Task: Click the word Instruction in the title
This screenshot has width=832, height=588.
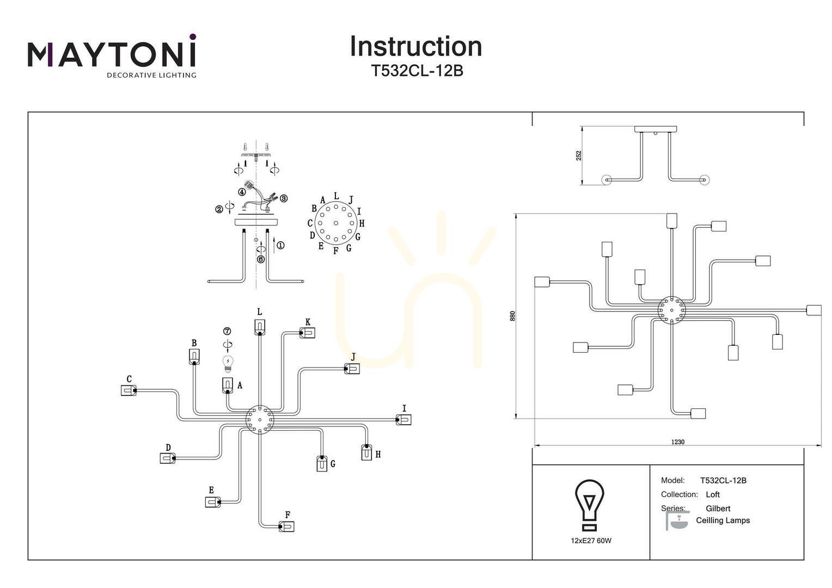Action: click(416, 46)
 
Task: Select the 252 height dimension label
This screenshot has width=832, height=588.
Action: click(579, 156)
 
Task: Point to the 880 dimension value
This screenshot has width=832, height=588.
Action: click(512, 316)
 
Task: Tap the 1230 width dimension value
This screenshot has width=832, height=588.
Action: click(677, 442)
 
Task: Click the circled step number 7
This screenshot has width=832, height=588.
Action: click(227, 331)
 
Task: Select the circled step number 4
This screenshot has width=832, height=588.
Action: click(242, 192)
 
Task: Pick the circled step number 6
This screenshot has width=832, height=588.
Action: click(261, 259)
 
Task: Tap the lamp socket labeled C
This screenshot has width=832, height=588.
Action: click(128, 390)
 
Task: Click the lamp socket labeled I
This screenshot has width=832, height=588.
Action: click(403, 420)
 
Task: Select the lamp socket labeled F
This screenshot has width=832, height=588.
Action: click(286, 526)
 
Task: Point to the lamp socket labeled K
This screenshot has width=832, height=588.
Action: click(308, 333)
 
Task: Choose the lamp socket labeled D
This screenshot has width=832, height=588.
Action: click(168, 458)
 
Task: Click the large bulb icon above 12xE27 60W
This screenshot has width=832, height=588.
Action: click(590, 505)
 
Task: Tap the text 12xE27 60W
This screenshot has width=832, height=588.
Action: click(591, 541)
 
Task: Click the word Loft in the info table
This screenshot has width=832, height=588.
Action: click(713, 494)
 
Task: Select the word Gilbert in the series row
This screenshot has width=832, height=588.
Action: click(718, 509)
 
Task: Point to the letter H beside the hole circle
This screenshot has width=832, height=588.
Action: click(362, 223)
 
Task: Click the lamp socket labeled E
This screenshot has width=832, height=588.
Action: click(213, 502)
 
